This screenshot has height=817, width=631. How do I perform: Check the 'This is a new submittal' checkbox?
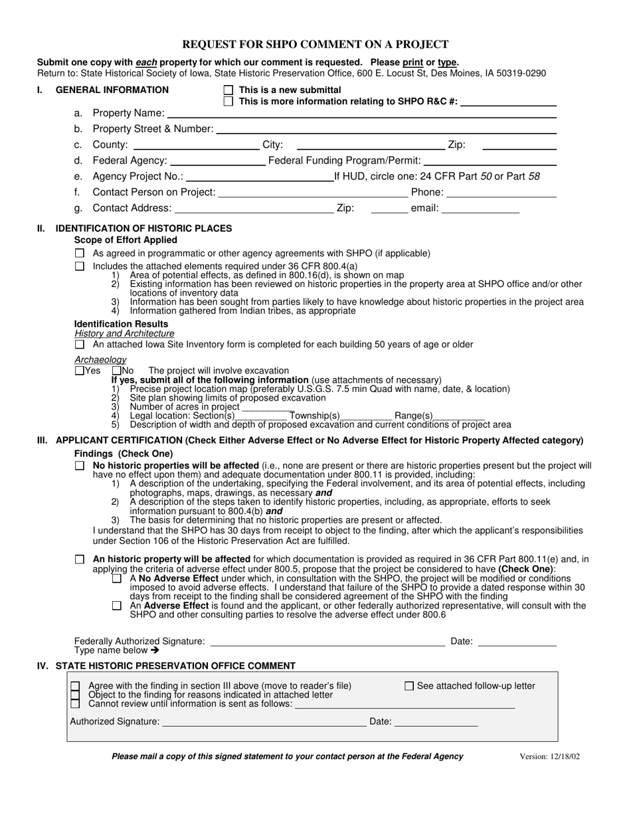coord(228,90)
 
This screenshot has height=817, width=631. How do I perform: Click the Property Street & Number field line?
coord(386,130)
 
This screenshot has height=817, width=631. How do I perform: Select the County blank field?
coord(196,145)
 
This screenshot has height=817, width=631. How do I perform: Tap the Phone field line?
coord(502,193)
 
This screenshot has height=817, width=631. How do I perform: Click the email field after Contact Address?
coord(480,209)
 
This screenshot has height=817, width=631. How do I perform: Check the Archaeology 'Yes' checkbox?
coord(80,371)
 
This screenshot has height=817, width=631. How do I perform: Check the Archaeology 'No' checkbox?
coord(117,371)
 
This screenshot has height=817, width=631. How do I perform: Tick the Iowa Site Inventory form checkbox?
coord(80,345)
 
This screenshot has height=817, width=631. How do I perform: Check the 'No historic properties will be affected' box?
coord(80,466)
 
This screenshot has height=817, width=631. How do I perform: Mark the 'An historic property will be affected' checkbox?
coord(80,560)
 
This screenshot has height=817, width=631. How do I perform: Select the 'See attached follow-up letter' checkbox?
coord(409,686)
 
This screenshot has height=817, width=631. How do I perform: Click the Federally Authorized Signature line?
coord(327,642)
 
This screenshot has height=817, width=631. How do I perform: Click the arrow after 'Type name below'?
coord(155,651)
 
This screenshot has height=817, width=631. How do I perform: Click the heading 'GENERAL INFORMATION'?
coord(112,90)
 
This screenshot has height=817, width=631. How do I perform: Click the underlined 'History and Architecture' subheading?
coord(124,333)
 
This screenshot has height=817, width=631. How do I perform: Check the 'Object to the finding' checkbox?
coord(75,695)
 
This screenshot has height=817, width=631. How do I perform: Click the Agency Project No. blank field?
coord(260,177)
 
